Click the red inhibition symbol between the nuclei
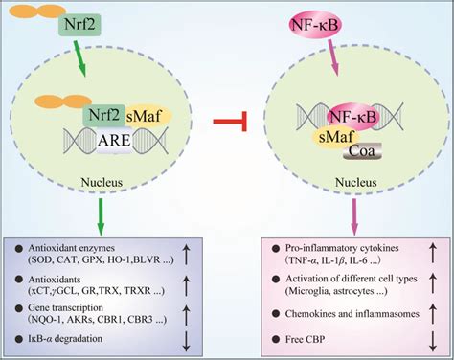tap(225, 121)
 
